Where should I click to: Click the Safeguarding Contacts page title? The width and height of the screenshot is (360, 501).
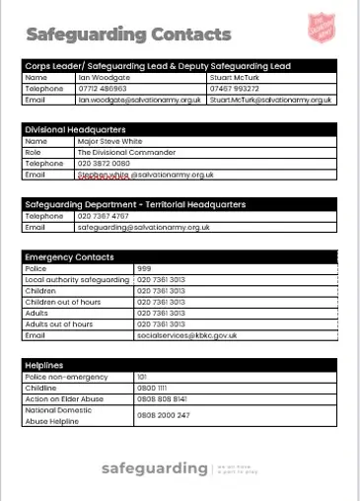pyautogui.click(x=128, y=36)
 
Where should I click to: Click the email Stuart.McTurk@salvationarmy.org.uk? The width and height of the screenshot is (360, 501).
pyautogui.click(x=272, y=100)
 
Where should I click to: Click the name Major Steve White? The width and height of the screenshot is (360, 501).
pyautogui.click(x=109, y=141)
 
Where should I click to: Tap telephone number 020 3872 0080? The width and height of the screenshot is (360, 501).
pyautogui.click(x=103, y=164)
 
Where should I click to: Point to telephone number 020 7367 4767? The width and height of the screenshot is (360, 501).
pyautogui.click(x=103, y=216)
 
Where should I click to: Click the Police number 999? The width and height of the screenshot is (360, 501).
pyautogui.click(x=144, y=268)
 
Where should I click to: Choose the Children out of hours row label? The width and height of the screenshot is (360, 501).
pyautogui.click(x=63, y=302)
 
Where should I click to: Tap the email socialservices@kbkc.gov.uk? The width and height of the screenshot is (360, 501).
pyautogui.click(x=187, y=335)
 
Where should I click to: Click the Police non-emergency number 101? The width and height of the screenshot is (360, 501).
pyautogui.click(x=142, y=377)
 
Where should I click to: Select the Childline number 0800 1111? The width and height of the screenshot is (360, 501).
pyautogui.click(x=151, y=388)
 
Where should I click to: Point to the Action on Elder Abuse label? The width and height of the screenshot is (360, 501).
pyautogui.click(x=63, y=398)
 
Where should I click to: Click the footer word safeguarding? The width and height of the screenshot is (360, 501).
pyautogui.click(x=154, y=467)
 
